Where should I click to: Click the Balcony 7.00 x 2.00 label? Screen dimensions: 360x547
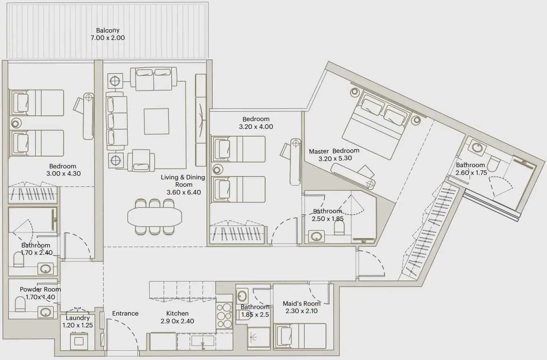(x=108, y=34)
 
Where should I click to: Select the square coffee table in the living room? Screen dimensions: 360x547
(x=156, y=121)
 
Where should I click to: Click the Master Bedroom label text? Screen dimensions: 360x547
(x=334, y=151)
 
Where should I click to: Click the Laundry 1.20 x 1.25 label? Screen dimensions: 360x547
(x=78, y=322)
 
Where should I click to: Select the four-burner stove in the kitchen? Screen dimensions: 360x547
(x=224, y=316)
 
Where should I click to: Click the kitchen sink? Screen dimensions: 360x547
(x=202, y=341)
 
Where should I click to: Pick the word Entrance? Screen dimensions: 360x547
(x=125, y=314)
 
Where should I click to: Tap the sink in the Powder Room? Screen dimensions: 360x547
(x=45, y=312)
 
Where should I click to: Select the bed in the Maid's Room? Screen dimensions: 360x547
(x=300, y=336)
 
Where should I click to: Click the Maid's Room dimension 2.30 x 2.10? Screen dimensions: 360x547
(x=301, y=311)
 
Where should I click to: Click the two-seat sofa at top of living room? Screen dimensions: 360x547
(x=153, y=79)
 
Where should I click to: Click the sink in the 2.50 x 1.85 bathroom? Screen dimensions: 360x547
(x=317, y=236)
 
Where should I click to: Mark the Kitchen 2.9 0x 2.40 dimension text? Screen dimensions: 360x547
(x=177, y=321)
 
